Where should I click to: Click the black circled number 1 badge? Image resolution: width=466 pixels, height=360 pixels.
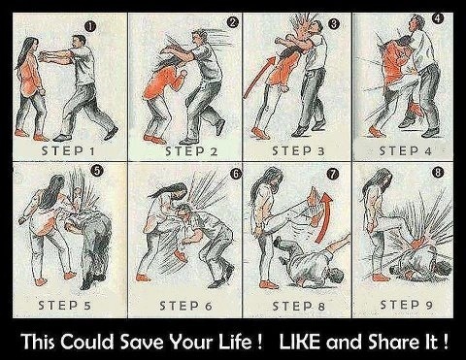click(90, 27)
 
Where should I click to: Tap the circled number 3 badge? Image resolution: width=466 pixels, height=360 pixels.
click(334, 23)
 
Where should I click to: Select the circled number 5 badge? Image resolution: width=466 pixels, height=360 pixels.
click(97, 171)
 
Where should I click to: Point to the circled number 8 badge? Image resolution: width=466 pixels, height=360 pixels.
click(438, 172)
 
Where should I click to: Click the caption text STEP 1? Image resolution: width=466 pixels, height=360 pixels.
click(68, 150)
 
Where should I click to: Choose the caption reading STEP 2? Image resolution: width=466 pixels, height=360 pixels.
click(191, 151)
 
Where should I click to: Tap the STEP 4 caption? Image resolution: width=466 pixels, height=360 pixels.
click(405, 150)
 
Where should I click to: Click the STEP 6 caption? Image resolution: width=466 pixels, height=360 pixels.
click(186, 306)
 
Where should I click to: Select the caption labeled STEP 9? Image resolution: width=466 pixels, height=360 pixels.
click(406, 305)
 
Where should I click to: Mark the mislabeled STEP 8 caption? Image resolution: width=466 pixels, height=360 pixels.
click(298, 306)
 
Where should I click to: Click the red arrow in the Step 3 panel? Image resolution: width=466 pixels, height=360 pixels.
click(259, 75)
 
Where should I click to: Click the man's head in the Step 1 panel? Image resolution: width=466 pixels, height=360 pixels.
click(79, 42)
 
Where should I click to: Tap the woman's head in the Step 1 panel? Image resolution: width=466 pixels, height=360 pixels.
click(32, 47)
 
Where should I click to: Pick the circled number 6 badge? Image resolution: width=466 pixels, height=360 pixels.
click(236, 174)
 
